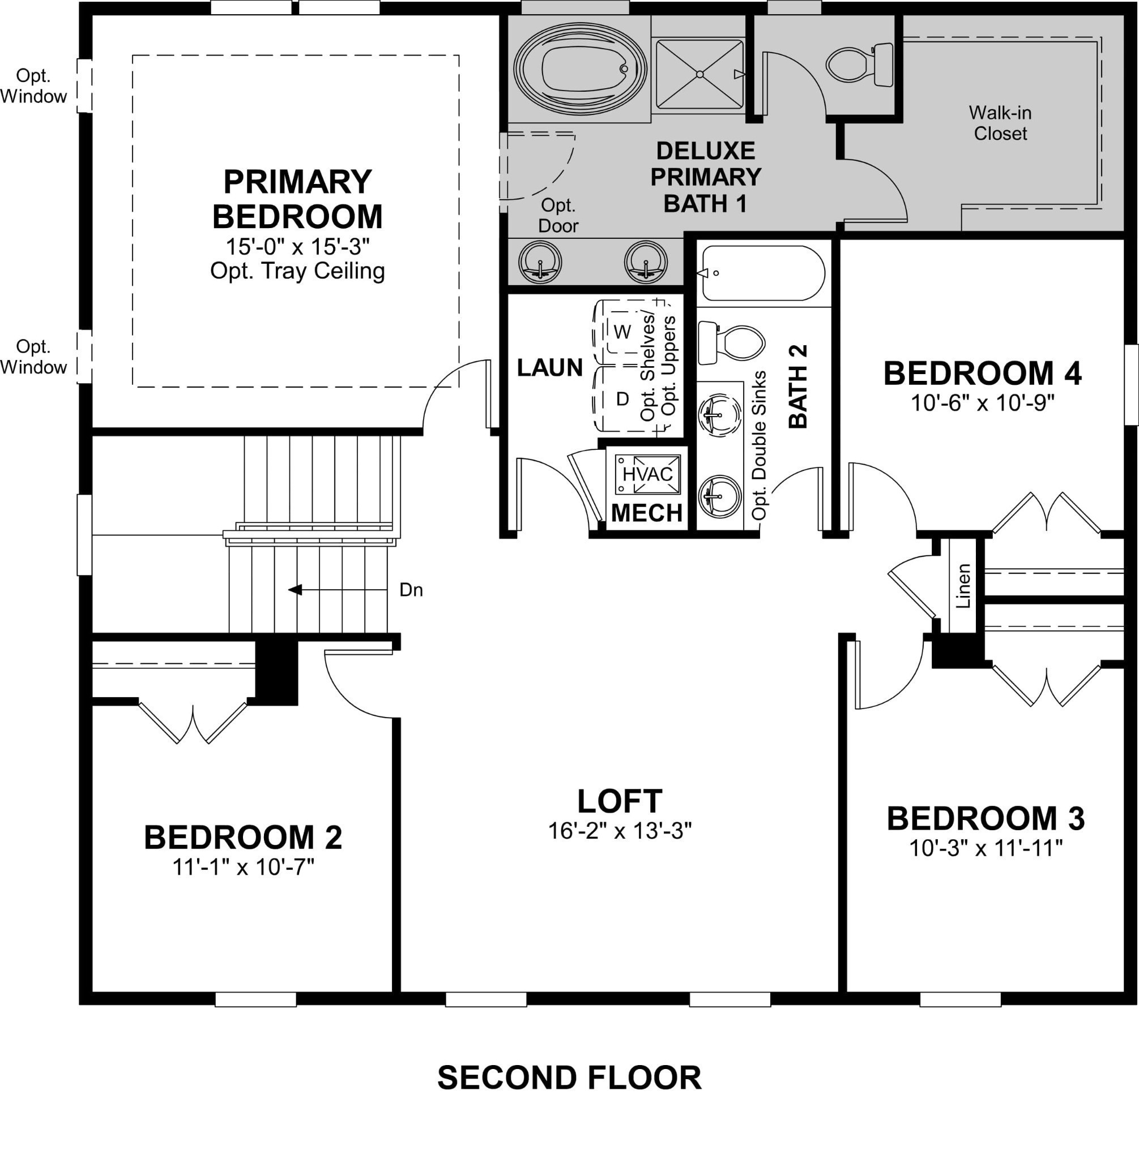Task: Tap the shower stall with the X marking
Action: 699,74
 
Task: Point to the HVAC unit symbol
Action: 648,474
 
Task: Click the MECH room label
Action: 647,513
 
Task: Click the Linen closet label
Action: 963,586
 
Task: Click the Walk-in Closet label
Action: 1000,123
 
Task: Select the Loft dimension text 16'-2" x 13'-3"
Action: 620,831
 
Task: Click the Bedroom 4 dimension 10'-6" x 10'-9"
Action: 982,403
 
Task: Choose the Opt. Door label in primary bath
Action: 557,215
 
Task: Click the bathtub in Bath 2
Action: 763,273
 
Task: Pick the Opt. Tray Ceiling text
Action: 297,271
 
